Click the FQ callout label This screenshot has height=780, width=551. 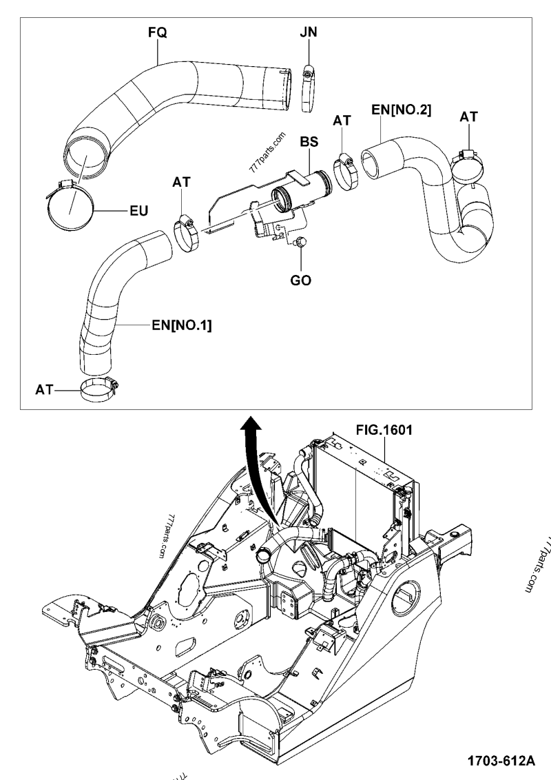[x=158, y=32]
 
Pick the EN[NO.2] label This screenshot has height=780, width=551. [x=402, y=109]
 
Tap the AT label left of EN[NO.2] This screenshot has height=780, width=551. [x=342, y=121]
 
